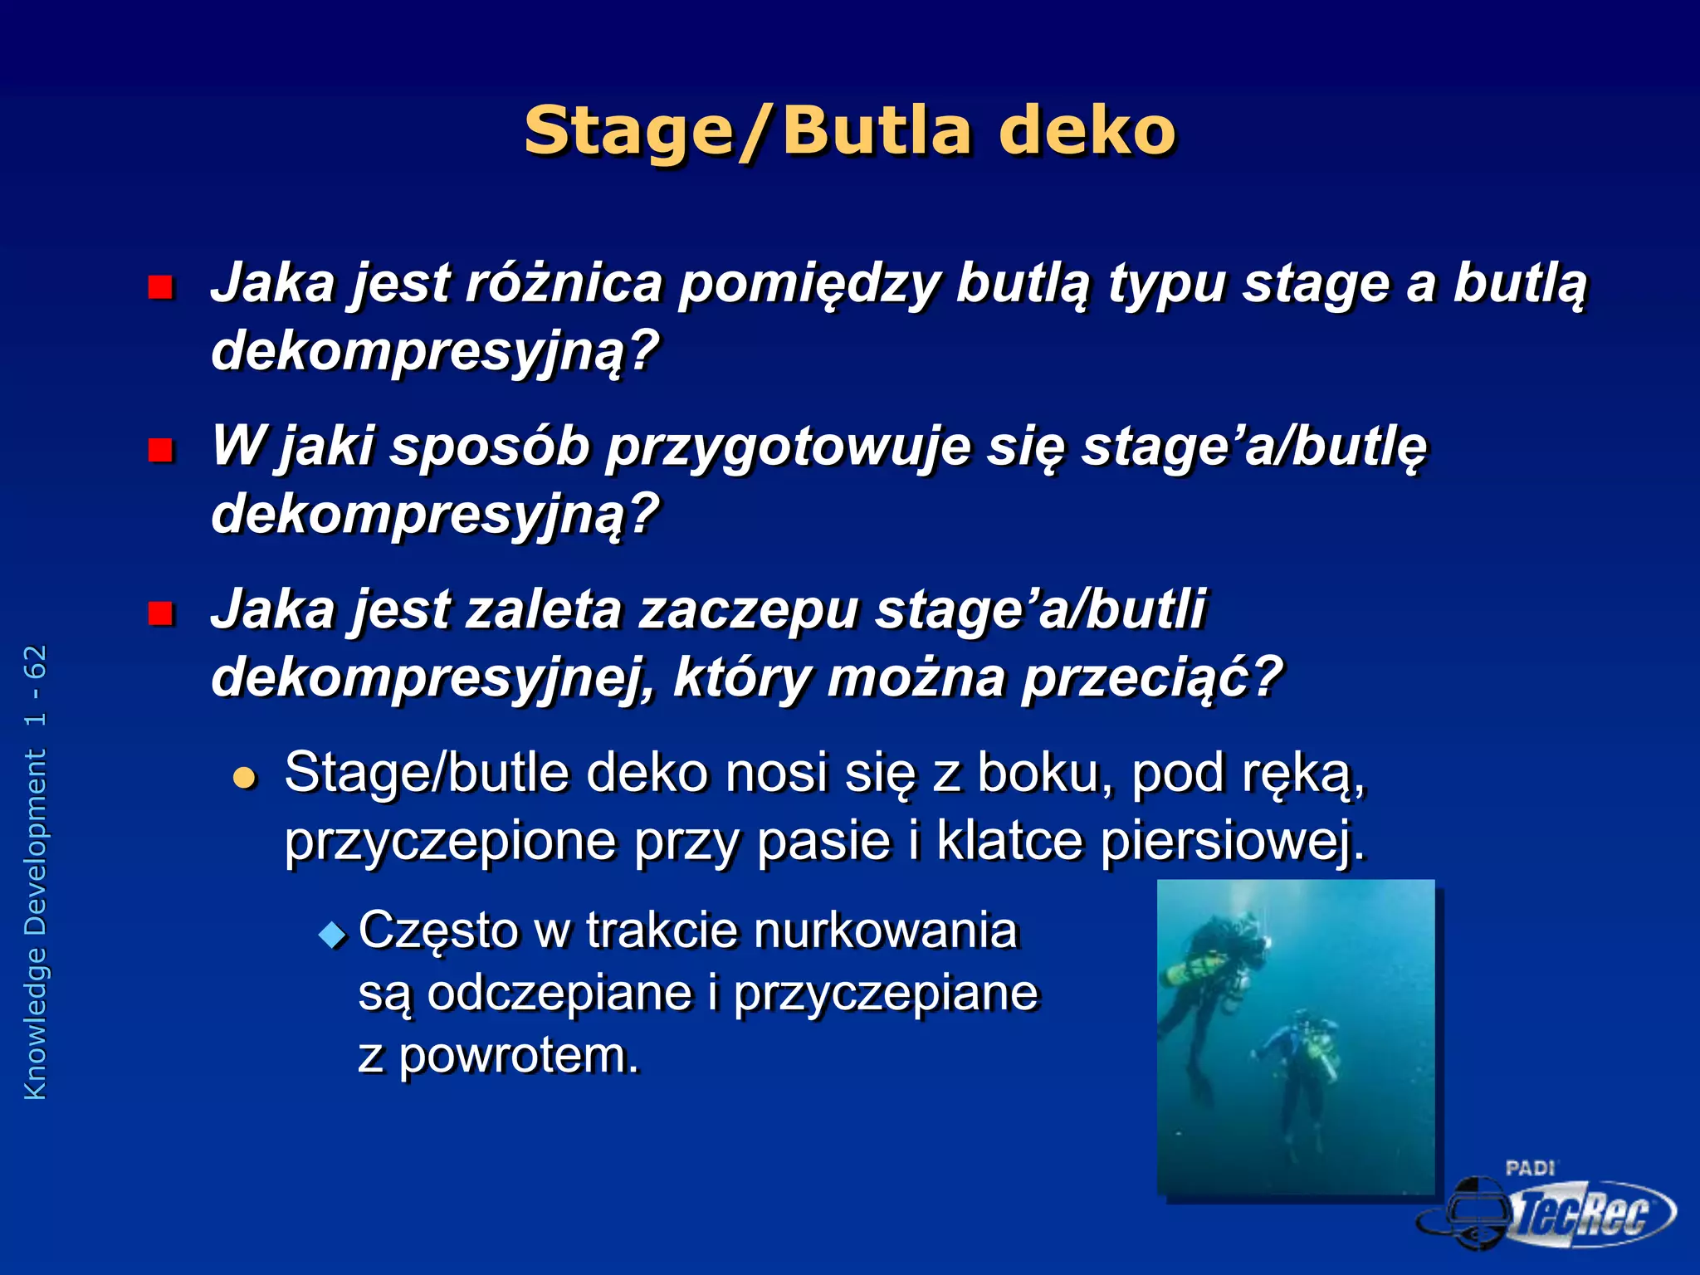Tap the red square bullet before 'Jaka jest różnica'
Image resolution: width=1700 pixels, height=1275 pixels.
click(159, 287)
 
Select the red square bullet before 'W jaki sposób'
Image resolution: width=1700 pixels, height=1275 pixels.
click(159, 450)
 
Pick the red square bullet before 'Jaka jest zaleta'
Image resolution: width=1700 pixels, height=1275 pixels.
click(159, 613)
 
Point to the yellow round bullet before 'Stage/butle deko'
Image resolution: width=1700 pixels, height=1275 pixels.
click(245, 778)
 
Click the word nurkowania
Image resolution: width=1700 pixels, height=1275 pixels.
click(885, 930)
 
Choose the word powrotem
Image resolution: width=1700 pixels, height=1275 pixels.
click(519, 1056)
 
